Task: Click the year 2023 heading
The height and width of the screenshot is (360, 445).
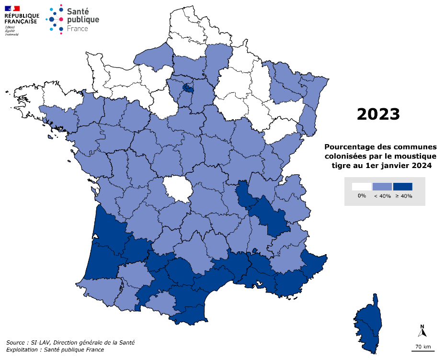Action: tap(378, 114)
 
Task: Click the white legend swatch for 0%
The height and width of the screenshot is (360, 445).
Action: tap(362, 187)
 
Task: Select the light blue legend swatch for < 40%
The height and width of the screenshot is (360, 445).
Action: tap(382, 187)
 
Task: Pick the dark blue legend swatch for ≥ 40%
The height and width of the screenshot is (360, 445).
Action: tap(402, 187)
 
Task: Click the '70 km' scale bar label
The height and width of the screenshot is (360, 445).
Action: tap(422, 346)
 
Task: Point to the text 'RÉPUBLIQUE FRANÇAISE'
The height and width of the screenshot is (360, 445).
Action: tap(22, 18)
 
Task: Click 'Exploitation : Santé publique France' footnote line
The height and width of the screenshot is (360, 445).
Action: tap(55, 349)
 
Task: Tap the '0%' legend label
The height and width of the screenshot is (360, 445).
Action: tap(362, 196)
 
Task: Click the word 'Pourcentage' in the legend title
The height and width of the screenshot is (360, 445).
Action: tap(350, 146)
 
